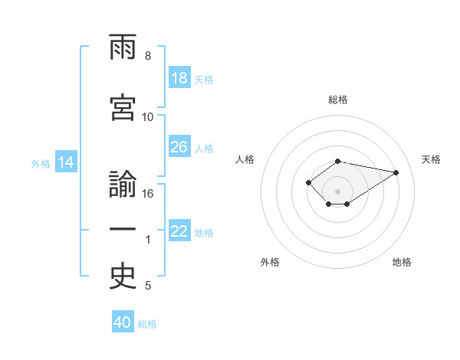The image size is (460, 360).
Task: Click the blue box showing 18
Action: point(179,78)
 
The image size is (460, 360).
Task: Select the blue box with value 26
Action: point(179,147)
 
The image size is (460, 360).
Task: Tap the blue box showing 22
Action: point(179,231)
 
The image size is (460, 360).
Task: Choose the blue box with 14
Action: point(66,162)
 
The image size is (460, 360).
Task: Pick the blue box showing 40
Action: point(123,322)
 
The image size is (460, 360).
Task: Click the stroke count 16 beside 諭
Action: point(148,194)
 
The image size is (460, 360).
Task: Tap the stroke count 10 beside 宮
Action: point(148,117)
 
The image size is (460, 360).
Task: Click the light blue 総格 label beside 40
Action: point(147,324)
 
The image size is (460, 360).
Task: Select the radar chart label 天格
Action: point(431,159)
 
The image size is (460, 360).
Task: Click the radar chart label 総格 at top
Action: point(337,100)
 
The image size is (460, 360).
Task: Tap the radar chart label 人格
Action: point(245,159)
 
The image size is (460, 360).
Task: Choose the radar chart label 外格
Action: point(270,262)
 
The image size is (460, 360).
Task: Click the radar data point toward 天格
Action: point(396,172)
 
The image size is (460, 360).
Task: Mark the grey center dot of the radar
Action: point(337,191)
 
